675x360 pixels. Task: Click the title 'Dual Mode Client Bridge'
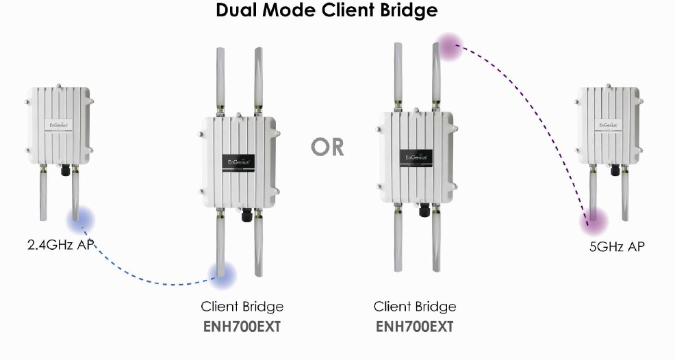327,11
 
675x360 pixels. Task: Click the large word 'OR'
327,146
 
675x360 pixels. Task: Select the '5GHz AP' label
617,246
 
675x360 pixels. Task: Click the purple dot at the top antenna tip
450,46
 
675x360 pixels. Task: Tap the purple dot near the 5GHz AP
594,221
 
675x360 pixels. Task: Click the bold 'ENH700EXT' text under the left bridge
242,326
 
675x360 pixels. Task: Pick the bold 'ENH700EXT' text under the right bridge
415,326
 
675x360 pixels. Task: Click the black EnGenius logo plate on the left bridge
242,162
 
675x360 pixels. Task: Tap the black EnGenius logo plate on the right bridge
416,156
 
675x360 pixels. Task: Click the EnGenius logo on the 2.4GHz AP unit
58,125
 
